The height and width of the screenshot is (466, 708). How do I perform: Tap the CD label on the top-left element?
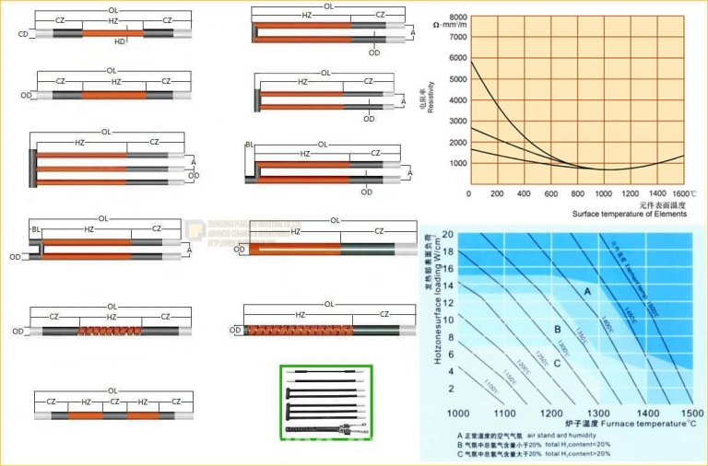click(22, 34)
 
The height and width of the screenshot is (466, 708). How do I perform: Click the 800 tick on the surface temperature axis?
click(577, 194)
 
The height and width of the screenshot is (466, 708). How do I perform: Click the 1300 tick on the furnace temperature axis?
click(600, 414)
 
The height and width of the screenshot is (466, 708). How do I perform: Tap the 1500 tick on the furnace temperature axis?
click(692, 414)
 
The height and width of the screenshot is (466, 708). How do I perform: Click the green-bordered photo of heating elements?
click(326, 402)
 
